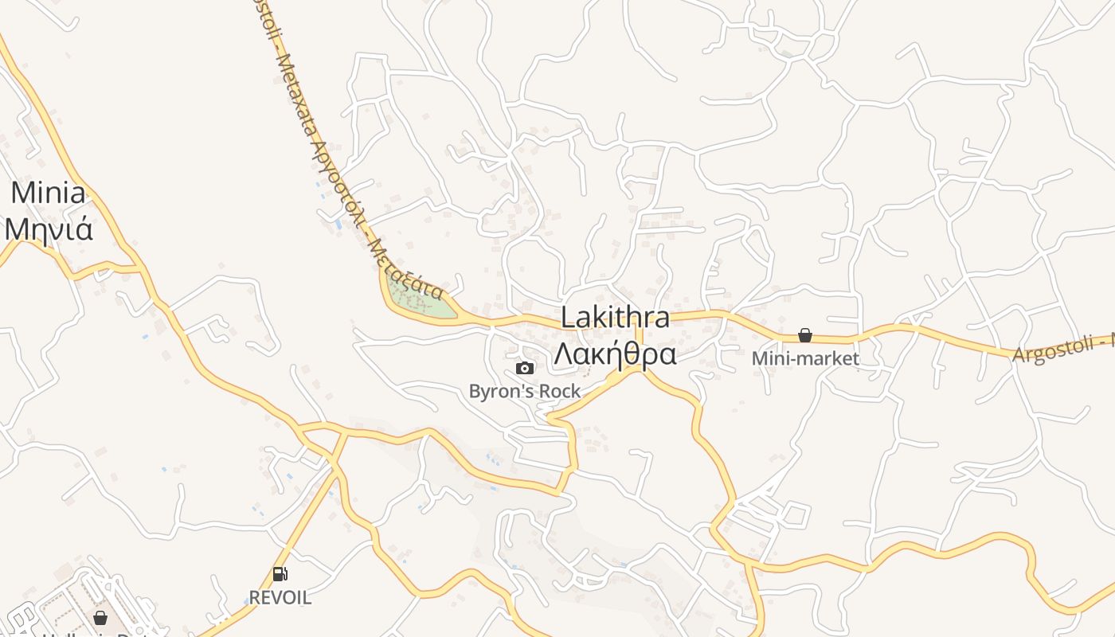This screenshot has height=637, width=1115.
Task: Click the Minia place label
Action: [49, 193]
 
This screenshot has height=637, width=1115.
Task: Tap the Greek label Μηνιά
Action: [49, 229]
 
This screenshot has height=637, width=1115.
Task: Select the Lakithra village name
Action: [615, 317]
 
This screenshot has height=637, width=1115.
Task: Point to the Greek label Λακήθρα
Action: [615, 353]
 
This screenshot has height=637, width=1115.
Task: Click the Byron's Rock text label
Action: [525, 391]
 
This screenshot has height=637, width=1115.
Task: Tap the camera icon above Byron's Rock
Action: [525, 368]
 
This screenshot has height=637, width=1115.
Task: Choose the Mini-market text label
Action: [805, 358]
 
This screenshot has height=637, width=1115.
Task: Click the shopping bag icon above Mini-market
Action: [805, 335]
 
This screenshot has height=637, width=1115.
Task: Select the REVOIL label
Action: [280, 597]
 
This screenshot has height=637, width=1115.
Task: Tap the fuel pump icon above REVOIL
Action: [280, 573]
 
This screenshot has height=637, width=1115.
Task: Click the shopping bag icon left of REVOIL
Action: [100, 618]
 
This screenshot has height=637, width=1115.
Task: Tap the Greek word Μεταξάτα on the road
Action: [406, 268]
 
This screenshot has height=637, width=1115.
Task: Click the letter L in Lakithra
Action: [568, 317]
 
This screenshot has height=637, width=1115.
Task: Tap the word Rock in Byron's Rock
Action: [560, 391]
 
